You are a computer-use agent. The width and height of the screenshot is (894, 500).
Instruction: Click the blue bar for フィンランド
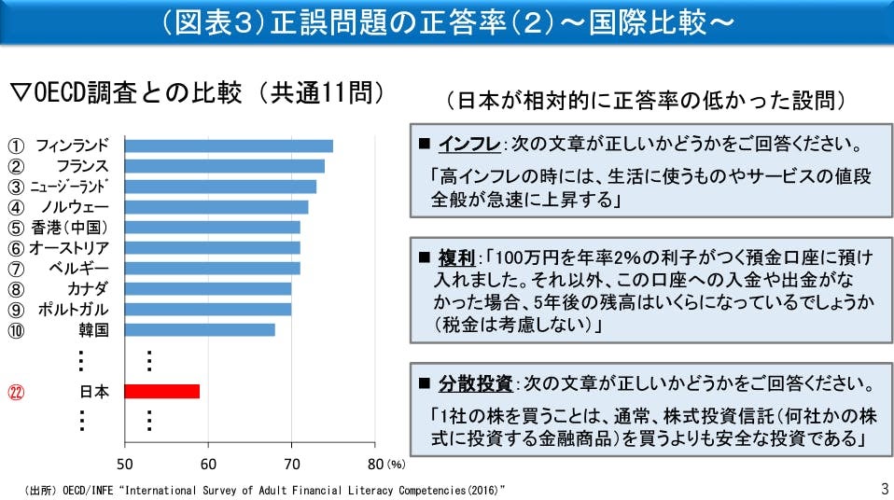coord(229,146)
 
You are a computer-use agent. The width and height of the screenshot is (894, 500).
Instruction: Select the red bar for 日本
coord(161,392)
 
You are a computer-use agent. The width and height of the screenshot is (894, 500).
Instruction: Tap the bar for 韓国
coord(200,329)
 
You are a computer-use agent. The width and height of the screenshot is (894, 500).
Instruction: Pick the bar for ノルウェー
coord(217,207)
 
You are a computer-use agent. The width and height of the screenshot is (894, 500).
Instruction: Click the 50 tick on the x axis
coord(125,464)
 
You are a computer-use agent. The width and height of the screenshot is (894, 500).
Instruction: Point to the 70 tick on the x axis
coord(292,464)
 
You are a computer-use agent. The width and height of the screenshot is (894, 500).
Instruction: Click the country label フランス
coord(82,166)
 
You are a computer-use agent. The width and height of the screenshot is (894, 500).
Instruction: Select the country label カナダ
coord(88,288)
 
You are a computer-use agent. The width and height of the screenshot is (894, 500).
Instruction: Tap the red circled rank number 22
coord(16,392)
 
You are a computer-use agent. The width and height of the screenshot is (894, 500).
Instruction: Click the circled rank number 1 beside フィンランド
coord(16,146)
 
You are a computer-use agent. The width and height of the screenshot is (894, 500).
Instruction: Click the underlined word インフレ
coord(469,146)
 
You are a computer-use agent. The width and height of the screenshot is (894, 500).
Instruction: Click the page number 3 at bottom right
coord(884,488)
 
